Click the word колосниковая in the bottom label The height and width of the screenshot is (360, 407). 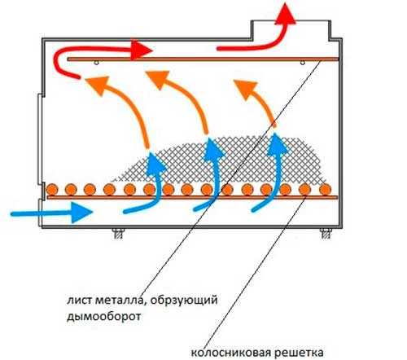pyautogui.click(x=231, y=353)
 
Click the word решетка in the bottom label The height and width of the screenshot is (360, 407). pyautogui.click(x=299, y=353)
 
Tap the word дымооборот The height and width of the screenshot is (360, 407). pyautogui.click(x=104, y=316)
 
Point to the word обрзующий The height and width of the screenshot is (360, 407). pyautogui.click(x=184, y=301)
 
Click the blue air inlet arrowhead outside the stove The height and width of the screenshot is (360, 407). pyautogui.click(x=82, y=213)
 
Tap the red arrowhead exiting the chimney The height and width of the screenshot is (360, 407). pyautogui.click(x=285, y=14)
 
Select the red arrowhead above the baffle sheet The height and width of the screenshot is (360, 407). pyautogui.click(x=141, y=50)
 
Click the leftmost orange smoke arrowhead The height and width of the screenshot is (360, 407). pyautogui.click(x=98, y=86)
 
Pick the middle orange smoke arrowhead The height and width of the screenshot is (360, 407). pyautogui.click(x=159, y=79)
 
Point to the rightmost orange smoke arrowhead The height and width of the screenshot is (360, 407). pyautogui.click(x=246, y=89)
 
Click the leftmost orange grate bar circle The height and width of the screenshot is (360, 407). pyautogui.click(x=52, y=189)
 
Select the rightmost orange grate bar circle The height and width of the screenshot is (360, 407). pyautogui.click(x=326, y=189)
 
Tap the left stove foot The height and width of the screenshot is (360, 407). pyautogui.click(x=119, y=234)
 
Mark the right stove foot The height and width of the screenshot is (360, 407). pyautogui.click(x=326, y=234)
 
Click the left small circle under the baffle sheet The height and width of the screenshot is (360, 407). pyautogui.click(x=96, y=63)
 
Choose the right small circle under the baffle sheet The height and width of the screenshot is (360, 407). pyautogui.click(x=303, y=63)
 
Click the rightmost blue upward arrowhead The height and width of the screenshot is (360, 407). pyautogui.click(x=277, y=144)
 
